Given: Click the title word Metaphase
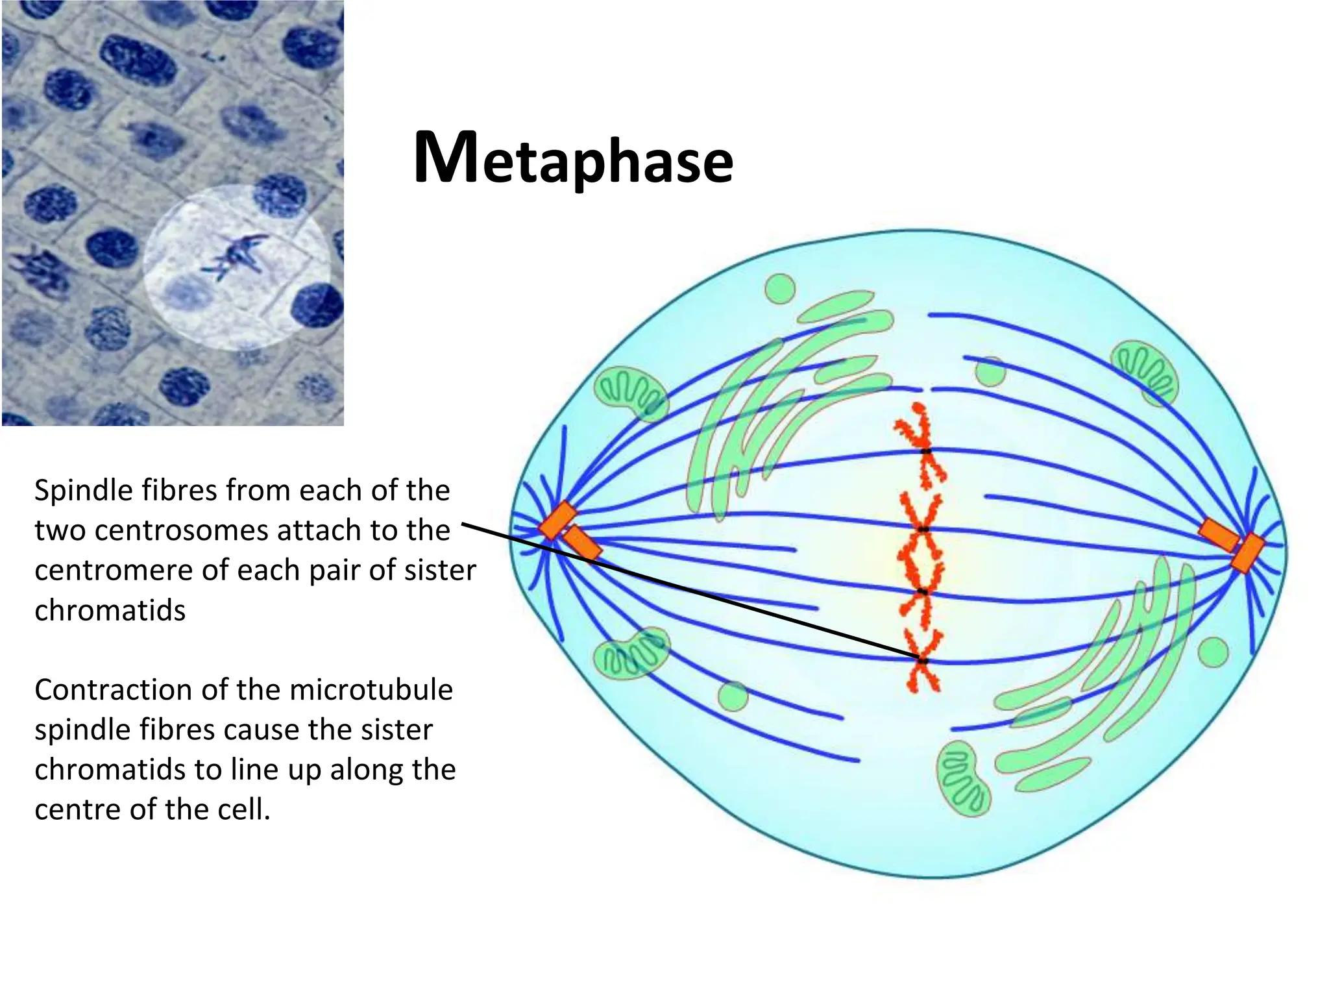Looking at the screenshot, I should pos(574,159).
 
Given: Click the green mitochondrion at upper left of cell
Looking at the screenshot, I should pos(630,393).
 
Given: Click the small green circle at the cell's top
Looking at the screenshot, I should pos(779,289).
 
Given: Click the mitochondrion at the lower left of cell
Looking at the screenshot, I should pos(631,653).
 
